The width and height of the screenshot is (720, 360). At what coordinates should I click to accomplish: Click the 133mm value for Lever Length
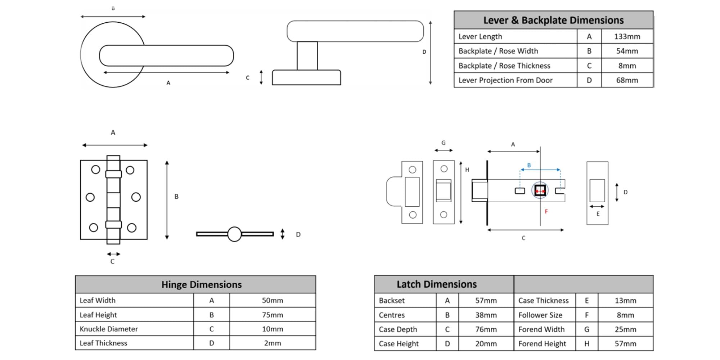627,36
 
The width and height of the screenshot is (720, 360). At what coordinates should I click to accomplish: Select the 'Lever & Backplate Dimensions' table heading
553,20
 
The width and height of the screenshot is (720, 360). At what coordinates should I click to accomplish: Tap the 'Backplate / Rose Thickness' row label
504,66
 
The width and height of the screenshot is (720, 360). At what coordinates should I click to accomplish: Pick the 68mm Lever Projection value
627,80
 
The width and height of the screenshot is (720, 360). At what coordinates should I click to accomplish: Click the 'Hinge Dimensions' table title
202,284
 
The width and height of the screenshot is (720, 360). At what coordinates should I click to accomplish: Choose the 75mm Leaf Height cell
273,315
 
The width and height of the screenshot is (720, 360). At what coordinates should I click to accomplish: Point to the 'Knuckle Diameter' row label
109,329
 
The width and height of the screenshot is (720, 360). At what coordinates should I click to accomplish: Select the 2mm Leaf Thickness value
273,343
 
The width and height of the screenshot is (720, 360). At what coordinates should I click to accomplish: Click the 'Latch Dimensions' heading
437,284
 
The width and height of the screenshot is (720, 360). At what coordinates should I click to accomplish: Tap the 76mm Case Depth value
486,329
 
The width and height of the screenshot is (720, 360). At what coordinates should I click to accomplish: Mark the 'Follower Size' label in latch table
540,315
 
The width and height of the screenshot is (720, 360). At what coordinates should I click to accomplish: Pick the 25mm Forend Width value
625,329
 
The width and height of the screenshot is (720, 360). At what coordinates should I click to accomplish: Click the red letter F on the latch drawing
546,212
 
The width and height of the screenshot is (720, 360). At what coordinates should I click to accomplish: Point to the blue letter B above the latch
529,165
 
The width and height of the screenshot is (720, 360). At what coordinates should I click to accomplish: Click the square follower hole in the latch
540,190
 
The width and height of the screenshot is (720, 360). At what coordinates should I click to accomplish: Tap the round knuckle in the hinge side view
234,234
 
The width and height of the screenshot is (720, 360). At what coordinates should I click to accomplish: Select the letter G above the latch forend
444,143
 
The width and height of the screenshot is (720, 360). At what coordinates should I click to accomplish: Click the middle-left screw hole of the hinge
90,197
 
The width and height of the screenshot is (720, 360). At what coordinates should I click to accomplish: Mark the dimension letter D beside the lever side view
424,52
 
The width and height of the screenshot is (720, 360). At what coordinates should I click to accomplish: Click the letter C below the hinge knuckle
112,262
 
